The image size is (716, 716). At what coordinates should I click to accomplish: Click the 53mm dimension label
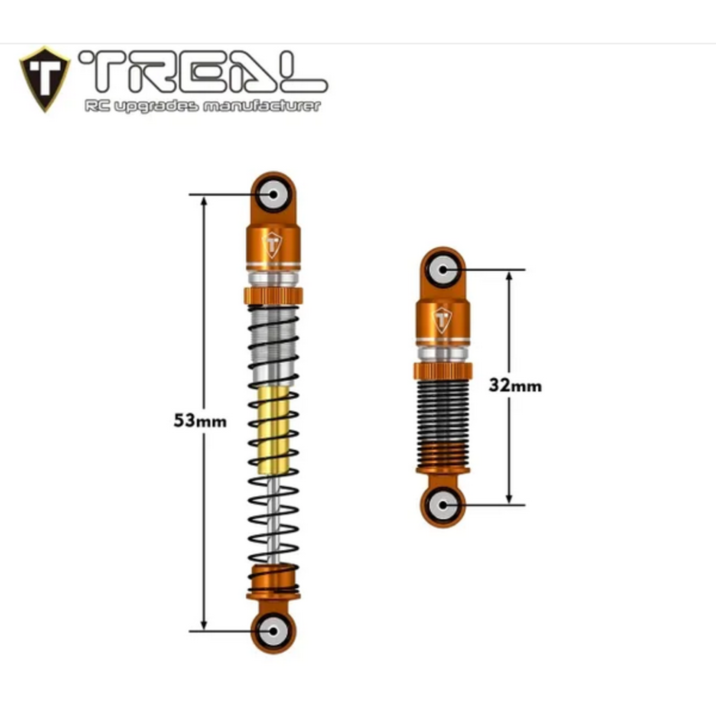click(200, 421)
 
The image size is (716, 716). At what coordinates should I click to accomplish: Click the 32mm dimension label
click(515, 385)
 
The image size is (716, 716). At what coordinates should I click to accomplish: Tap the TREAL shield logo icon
click(45, 78)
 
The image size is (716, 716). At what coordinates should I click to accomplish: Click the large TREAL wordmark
click(202, 72)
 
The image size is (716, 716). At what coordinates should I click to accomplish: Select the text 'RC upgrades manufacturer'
click(202, 106)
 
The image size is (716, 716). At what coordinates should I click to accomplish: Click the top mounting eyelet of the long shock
click(273, 195)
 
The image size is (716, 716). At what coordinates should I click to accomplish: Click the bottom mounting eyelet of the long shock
click(273, 631)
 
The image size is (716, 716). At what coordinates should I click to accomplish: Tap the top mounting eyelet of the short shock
click(443, 270)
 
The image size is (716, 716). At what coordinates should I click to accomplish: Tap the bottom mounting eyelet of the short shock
click(443, 505)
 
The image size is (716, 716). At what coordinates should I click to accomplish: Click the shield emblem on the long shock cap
click(273, 245)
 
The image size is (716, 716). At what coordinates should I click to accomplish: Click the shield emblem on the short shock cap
click(443, 319)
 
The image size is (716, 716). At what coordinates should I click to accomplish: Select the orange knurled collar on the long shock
click(273, 296)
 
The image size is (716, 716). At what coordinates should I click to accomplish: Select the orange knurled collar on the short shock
click(443, 371)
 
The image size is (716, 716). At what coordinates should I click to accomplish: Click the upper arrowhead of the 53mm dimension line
click(204, 201)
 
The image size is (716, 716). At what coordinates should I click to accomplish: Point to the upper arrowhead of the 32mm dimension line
click(509, 276)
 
